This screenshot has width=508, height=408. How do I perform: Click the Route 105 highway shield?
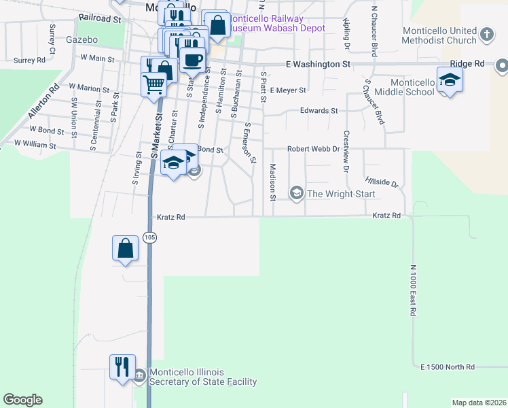point(149,237)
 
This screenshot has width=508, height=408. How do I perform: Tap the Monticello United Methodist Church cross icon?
point(486,33)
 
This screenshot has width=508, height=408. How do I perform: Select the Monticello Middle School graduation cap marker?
point(449,81)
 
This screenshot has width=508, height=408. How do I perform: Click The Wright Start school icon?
point(296,194)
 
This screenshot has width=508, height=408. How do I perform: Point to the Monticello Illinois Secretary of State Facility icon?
point(139,375)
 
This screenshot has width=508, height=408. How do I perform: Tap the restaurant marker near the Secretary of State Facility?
point(123,367)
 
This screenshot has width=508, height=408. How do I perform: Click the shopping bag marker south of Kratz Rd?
point(126,248)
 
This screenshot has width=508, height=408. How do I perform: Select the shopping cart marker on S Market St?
point(154,84)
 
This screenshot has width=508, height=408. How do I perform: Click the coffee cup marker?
point(192,59)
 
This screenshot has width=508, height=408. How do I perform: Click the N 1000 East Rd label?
point(413,290)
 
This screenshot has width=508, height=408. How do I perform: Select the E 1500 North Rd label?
point(448,367)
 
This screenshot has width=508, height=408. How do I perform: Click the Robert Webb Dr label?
point(312,149)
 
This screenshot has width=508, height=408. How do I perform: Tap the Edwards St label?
point(319,110)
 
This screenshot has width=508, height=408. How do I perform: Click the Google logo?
point(22,400)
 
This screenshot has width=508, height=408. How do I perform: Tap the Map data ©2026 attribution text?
point(479,403)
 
